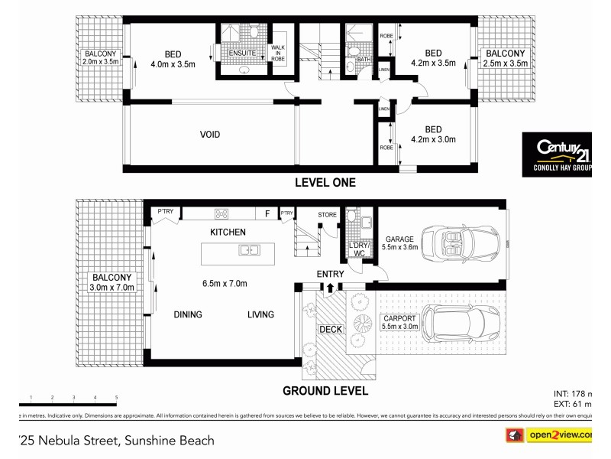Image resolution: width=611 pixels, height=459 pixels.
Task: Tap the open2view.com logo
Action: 547,435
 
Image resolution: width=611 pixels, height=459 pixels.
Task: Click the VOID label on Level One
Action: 210,135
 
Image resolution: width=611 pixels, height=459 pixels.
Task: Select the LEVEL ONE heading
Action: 325,183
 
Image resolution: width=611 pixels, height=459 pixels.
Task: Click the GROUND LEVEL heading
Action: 325,391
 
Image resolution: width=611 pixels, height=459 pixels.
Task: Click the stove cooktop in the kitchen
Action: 223,214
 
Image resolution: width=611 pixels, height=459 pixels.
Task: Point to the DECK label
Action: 331,330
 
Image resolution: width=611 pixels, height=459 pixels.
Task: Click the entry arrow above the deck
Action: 329,288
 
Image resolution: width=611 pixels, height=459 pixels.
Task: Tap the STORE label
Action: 327,215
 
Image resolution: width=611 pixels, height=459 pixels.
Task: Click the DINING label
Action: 187,314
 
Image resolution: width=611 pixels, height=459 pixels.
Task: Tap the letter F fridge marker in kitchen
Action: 267,214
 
